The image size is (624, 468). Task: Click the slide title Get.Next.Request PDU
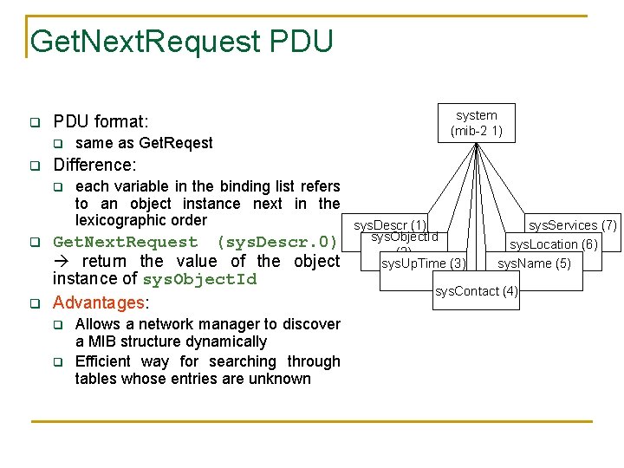click(181, 41)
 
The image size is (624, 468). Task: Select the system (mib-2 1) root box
click(476, 123)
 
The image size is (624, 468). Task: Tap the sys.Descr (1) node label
click(389, 225)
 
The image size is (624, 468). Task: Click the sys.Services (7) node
click(573, 225)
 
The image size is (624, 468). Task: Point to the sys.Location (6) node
click(553, 244)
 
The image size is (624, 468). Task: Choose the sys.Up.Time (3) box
click(424, 263)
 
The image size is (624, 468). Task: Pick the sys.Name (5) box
click(534, 263)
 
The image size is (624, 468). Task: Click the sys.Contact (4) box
click(476, 291)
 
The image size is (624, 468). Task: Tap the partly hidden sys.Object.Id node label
click(405, 237)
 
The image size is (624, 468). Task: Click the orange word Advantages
click(98, 302)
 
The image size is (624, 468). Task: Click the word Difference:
click(95, 164)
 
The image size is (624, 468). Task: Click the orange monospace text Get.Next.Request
click(126, 242)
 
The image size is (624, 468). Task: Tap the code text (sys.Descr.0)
click(276, 242)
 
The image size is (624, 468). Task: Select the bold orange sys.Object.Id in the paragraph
click(199, 279)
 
